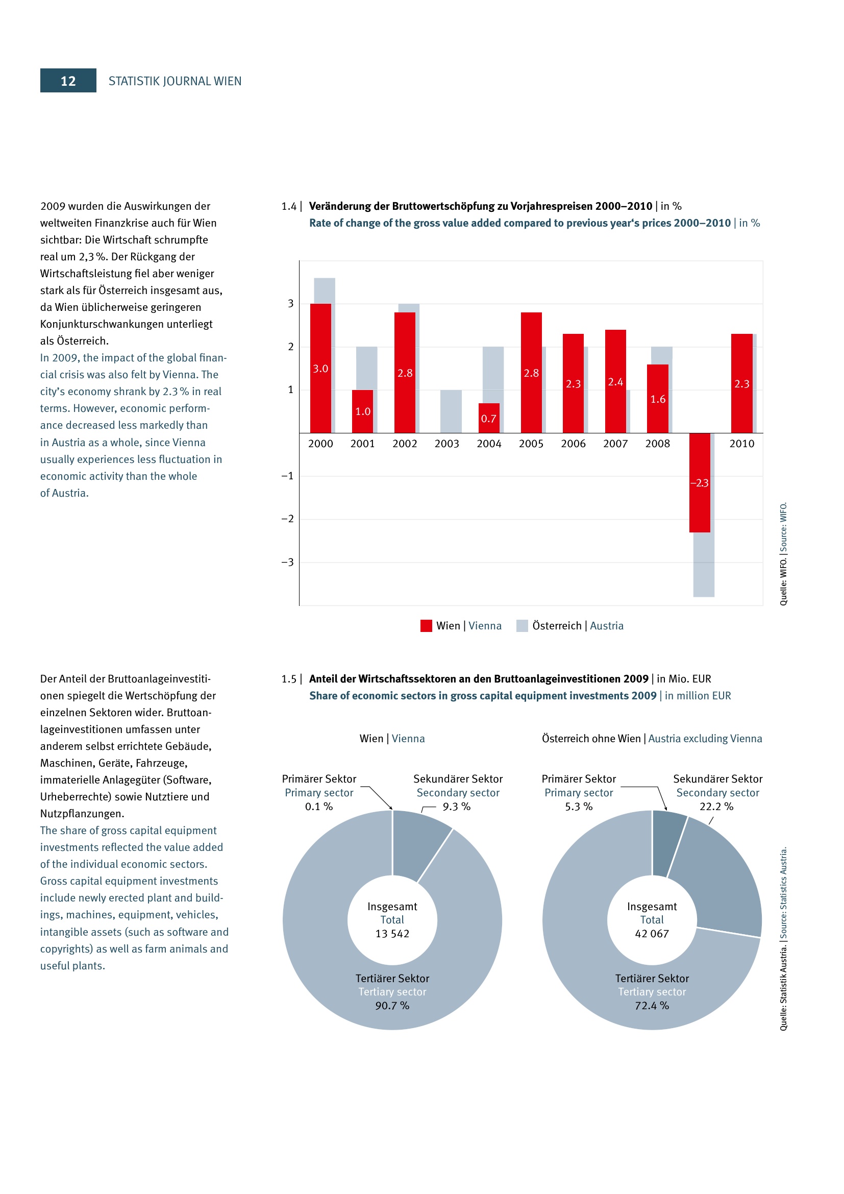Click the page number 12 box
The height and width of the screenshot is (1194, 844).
tap(68, 81)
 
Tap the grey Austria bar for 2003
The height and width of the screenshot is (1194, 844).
tap(451, 411)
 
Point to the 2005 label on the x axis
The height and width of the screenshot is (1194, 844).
tap(531, 444)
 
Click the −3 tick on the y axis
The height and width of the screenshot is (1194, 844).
tap(287, 562)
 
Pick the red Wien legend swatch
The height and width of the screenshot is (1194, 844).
tap(426, 626)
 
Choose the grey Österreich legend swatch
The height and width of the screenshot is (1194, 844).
tap(522, 626)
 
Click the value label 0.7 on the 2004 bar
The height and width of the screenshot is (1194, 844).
tap(488, 419)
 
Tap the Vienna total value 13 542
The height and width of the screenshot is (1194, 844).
tap(392, 934)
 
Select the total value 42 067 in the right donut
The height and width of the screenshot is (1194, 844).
tap(652, 934)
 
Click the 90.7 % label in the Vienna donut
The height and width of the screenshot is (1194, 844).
tap(392, 1006)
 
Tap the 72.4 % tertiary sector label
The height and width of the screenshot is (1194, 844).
tap(652, 1006)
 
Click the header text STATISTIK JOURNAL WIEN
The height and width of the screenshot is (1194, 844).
tap(175, 81)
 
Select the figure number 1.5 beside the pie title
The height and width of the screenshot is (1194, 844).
tap(289, 678)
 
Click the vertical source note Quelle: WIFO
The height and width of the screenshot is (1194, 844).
tap(783, 553)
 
